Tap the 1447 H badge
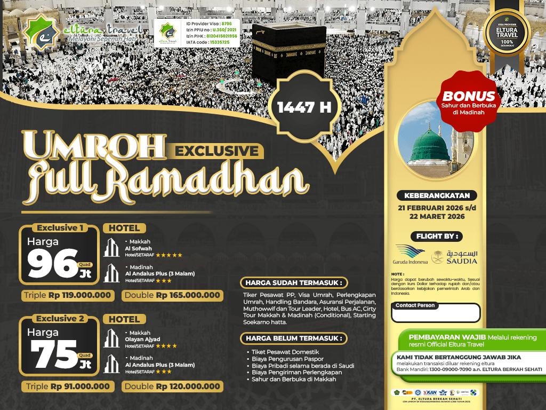(304, 107)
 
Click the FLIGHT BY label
(436, 236)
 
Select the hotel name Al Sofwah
(138, 248)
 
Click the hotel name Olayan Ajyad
(142, 339)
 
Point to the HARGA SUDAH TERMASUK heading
(293, 282)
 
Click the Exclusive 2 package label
(59, 319)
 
